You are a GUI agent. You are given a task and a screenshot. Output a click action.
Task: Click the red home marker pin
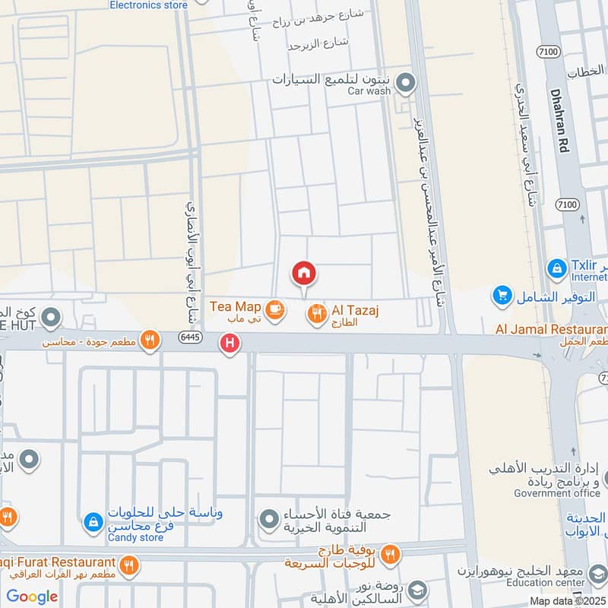[x=304, y=273]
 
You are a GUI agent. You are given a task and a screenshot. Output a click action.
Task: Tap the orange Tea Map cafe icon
[x=274, y=308]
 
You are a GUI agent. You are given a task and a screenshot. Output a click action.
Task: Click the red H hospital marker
[x=229, y=344]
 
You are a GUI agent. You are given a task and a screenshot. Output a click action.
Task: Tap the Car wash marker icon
[x=406, y=83]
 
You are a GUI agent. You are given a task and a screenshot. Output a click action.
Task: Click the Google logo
[x=32, y=597]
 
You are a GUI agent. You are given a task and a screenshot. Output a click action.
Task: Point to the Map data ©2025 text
[x=566, y=600]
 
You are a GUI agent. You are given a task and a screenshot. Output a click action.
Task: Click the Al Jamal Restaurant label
[x=551, y=329]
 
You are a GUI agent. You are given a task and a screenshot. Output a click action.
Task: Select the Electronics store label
[x=148, y=5]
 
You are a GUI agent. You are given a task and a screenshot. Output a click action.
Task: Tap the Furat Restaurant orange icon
[x=128, y=565]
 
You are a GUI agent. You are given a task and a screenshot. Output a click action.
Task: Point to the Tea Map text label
[x=236, y=306]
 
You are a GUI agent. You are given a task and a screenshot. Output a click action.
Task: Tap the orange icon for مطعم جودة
[x=150, y=340]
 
